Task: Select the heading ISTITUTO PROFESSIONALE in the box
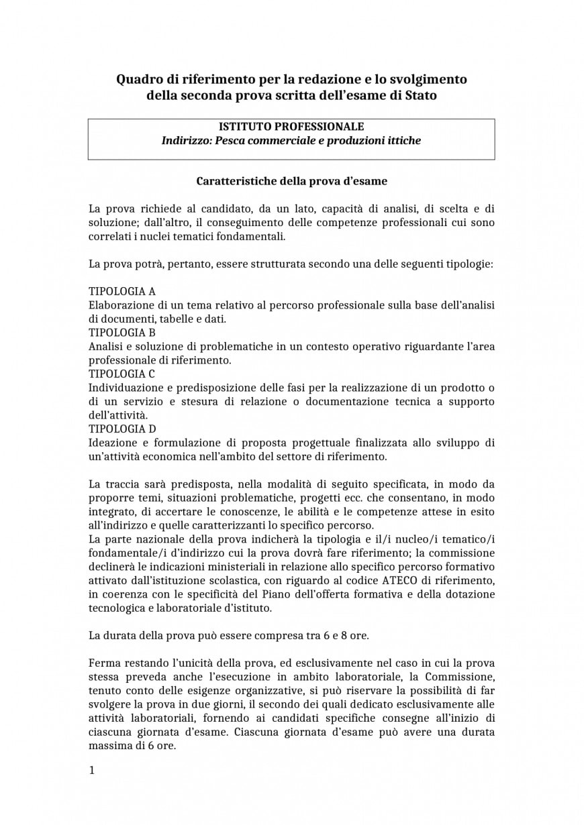[x=291, y=127]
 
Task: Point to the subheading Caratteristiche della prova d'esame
[x=291, y=181]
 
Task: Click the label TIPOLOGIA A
[x=122, y=291]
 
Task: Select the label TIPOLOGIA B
[x=122, y=332]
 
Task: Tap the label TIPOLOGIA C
[x=122, y=374]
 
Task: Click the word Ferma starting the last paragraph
[x=104, y=663]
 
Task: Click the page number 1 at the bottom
[x=92, y=771]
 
